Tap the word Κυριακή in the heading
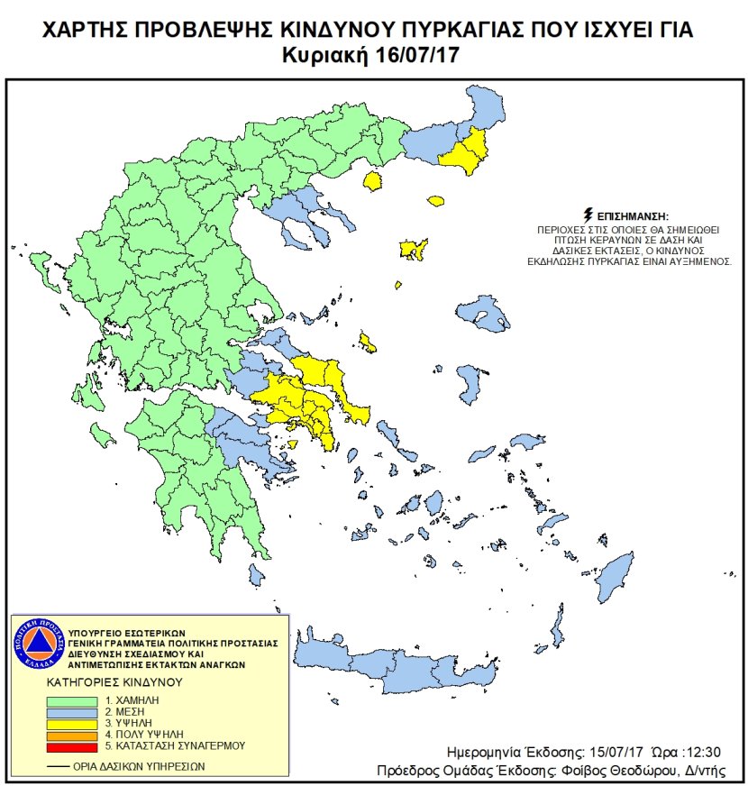coord(340,54)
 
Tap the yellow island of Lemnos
coord(414,250)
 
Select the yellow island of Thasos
coord(371,181)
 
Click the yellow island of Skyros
coord(367,342)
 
